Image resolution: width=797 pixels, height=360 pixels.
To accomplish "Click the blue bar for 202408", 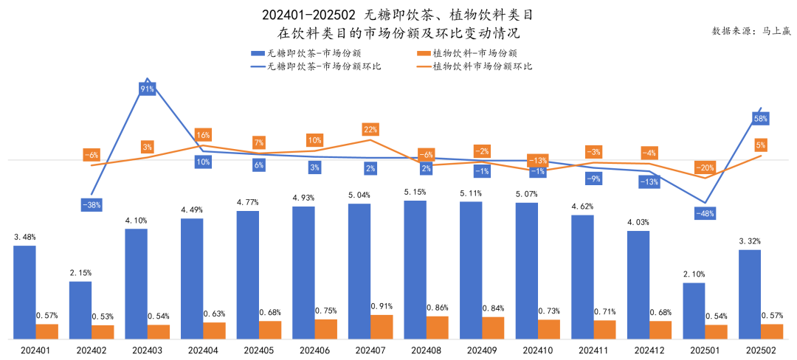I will coord(415,269).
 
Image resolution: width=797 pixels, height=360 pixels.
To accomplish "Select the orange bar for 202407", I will coord(382,326).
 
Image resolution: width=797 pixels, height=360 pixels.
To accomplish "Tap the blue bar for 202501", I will coord(694,311).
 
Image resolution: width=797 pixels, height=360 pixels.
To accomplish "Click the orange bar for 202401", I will coord(46,331).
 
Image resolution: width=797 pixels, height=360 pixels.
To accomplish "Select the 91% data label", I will coord(147,89).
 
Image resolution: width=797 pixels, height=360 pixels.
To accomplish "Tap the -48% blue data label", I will coord(705,213).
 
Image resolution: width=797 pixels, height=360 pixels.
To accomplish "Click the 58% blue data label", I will coord(761,118).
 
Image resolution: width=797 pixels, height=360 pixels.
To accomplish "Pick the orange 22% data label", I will coord(370,129).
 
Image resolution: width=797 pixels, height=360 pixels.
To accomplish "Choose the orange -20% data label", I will coord(705,167).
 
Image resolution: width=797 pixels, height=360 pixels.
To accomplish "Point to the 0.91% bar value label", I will coord(382,306).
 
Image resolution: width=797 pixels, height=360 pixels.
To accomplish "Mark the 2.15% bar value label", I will coord(80,273).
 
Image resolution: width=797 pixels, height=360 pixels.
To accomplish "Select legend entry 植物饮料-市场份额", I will coord(469,53).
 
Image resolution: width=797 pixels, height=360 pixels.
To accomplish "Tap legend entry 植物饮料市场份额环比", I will coord(476,66).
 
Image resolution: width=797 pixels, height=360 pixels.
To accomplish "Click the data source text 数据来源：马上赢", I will coord(749,31).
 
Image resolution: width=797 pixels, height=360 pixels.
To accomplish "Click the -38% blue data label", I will coord(92,204).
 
